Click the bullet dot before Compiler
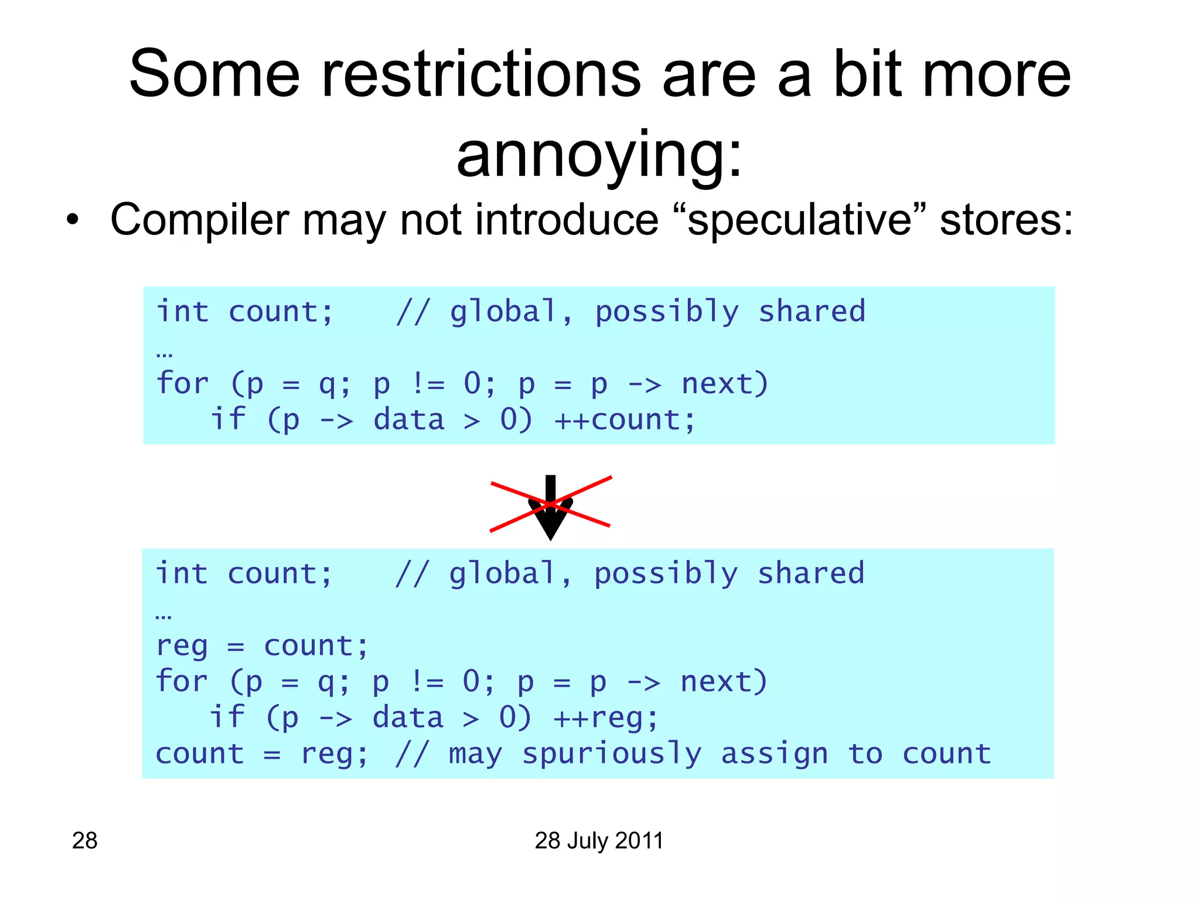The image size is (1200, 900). (71, 220)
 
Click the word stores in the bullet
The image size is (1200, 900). (1005, 220)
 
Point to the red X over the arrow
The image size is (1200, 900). (551, 504)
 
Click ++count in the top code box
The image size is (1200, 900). (625, 420)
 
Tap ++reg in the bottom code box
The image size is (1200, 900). (606, 718)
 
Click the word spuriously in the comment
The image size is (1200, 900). (611, 754)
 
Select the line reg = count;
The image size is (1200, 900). (262, 646)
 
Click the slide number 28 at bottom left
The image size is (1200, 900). (84, 840)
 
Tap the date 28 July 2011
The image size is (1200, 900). (599, 840)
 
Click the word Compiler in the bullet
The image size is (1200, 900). (200, 220)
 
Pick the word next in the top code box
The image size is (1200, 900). (724, 384)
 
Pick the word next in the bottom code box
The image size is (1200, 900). (723, 682)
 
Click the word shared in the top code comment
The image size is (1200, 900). (812, 311)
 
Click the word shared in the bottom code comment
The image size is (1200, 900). (810, 574)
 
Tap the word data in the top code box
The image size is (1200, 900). (408, 420)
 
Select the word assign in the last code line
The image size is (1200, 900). (774, 754)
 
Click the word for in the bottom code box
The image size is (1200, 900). (182, 682)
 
